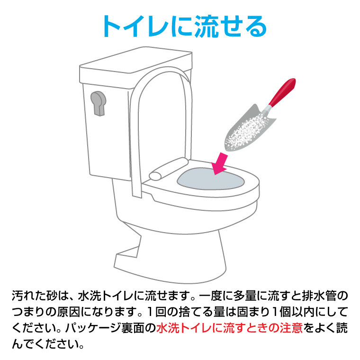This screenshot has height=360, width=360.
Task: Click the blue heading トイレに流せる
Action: tap(185, 26)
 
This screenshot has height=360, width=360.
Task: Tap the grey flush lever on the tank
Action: tap(99, 103)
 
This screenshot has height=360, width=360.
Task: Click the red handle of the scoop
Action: tap(282, 92)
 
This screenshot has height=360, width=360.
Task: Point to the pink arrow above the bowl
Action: tap(219, 164)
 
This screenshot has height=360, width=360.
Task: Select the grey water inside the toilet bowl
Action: tap(210, 179)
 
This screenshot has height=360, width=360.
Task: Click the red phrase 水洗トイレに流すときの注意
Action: tap(229, 328)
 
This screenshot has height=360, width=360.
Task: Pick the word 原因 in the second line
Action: tap(68, 312)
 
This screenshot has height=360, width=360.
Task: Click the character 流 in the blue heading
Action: tap(207, 26)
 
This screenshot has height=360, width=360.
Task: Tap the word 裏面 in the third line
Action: tap(133, 328)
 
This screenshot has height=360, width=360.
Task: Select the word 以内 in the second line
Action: tap(304, 312)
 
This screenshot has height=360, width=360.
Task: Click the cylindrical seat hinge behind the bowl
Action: tap(168, 169)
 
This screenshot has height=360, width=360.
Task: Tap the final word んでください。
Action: tap(48, 344)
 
